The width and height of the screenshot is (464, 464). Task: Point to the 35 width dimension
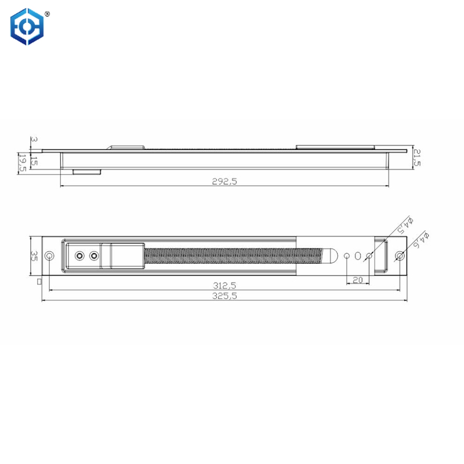(34, 256)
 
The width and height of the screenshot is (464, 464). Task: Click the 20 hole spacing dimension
(357, 279)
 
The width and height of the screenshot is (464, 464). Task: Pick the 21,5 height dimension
(416, 157)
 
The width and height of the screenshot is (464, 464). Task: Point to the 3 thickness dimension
(34, 140)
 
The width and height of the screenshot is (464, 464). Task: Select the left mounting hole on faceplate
(50, 256)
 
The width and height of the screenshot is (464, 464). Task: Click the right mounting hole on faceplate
(400, 256)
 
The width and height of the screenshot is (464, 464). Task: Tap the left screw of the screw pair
(79, 256)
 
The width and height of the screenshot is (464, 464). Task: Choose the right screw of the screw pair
(93, 256)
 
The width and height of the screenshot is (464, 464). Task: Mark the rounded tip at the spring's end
(332, 256)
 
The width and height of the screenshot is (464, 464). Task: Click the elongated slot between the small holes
(358, 256)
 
